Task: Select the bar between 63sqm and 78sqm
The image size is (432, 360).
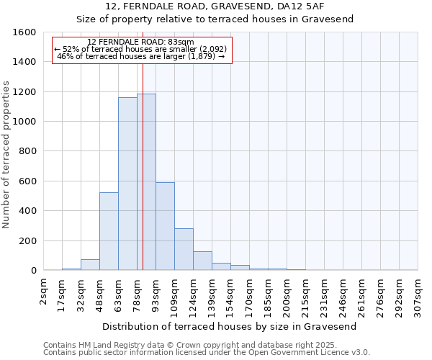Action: [x=127, y=184]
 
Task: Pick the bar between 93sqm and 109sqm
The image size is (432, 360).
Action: [x=165, y=226]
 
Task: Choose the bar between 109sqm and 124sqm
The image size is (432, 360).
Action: [x=184, y=249]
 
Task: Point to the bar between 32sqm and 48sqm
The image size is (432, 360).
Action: [x=90, y=265]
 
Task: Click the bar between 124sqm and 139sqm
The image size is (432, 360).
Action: [x=202, y=261]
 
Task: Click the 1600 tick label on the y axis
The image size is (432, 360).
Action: [x=24, y=32]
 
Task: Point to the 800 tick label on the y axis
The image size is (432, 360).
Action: [x=27, y=151]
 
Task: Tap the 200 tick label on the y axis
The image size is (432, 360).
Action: [x=27, y=240]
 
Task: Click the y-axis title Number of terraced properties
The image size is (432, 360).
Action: [x=7, y=155]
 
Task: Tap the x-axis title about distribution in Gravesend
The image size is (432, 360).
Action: [x=230, y=326]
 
